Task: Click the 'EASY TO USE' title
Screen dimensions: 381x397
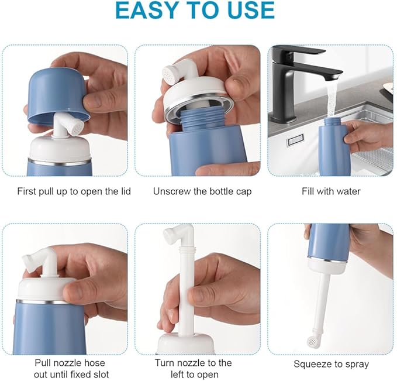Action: (x=195, y=11)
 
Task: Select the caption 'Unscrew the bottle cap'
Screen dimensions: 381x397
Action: (x=202, y=191)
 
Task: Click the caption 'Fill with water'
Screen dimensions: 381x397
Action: (x=331, y=191)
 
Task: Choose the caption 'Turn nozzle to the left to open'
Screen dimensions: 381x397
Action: (x=193, y=369)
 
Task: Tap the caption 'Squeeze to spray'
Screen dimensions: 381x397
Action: (x=331, y=364)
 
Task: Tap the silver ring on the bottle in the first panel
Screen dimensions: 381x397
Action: (x=59, y=162)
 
